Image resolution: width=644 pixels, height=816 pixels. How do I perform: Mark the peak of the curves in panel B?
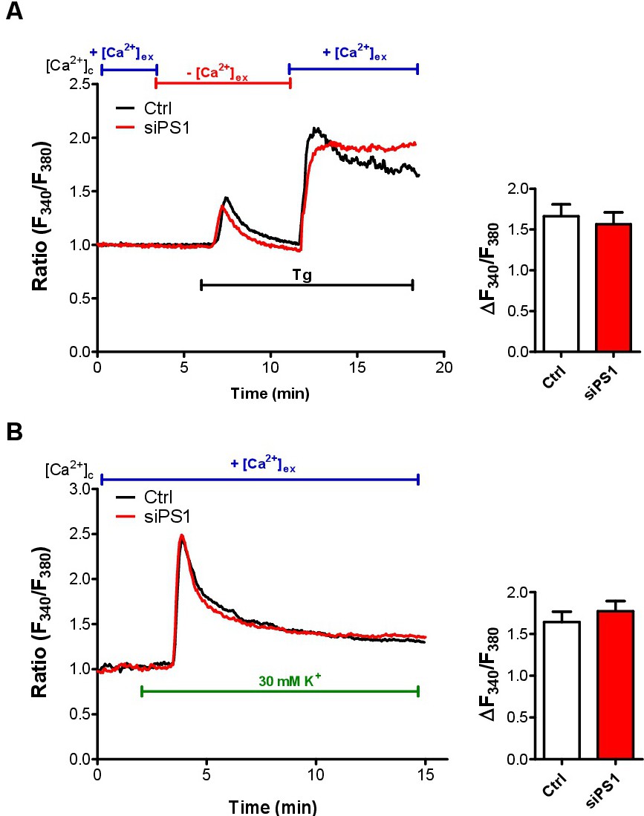[x=181, y=536]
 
